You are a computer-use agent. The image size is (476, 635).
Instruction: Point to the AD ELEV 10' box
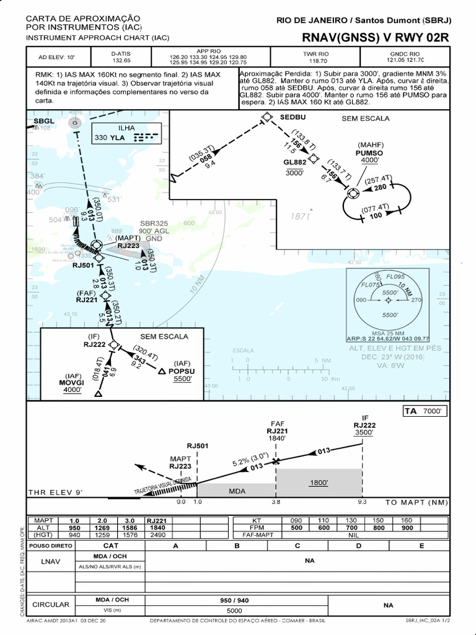coord(56,57)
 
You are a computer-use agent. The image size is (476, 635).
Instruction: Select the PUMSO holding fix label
coord(369,152)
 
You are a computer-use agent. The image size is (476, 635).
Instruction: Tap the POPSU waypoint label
coord(182,371)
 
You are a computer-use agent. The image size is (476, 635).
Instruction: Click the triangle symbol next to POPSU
coord(161,371)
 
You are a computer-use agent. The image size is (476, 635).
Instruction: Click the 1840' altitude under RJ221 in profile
coord(276,438)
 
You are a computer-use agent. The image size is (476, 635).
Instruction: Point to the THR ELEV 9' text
coord(55,492)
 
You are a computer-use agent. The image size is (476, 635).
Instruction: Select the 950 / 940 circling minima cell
coord(234,600)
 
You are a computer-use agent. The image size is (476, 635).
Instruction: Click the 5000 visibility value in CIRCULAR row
coord(234,610)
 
